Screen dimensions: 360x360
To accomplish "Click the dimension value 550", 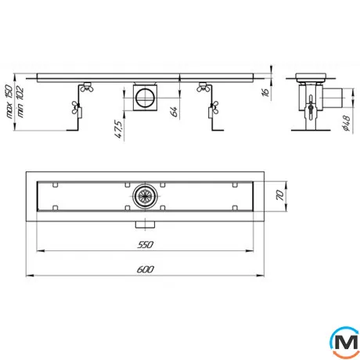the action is point(145,244).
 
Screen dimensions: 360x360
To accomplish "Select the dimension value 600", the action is point(146,269).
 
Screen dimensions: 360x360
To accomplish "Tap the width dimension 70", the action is point(279,196).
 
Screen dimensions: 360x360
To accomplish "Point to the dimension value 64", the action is point(174,111).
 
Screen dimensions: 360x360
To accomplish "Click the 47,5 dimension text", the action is point(118,129).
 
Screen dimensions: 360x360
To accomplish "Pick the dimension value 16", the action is point(265,92).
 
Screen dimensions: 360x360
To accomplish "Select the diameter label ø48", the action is point(347,123).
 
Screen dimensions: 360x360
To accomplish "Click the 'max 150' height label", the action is point(9,102).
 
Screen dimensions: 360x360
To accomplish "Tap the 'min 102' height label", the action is point(20,102).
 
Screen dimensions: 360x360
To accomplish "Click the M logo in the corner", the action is point(344,342).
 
